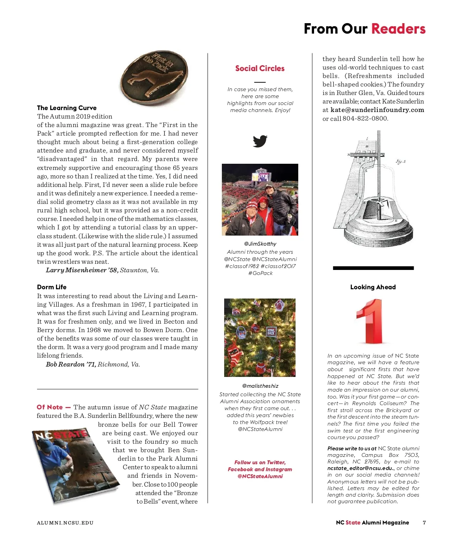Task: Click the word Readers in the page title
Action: click(398, 29)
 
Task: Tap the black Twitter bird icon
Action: click(260, 141)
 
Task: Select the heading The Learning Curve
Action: click(67, 108)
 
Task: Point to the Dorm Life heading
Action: click(52, 287)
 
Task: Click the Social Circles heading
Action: click(260, 68)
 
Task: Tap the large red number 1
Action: click(370, 321)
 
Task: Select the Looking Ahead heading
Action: click(373, 287)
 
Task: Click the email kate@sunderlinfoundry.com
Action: click(377, 110)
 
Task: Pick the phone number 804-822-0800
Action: click(365, 119)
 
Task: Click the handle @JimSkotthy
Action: click(260, 244)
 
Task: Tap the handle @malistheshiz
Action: click(260, 386)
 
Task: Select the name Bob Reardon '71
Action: click(71, 364)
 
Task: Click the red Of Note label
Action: click(53, 407)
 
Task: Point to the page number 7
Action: click(424, 523)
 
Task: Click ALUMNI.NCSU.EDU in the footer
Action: click(65, 523)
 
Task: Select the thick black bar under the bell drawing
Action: click(373, 268)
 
